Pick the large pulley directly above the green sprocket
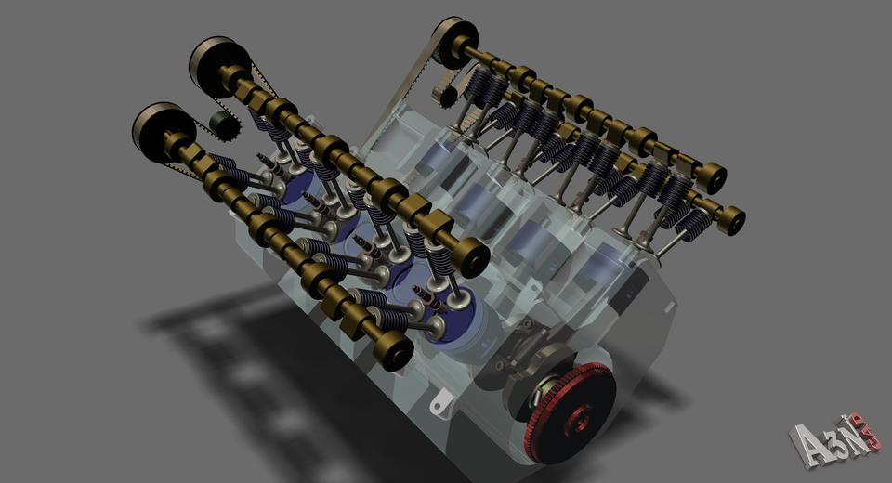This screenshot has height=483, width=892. coord(216,66)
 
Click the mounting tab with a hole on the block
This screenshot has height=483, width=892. coord(439,405)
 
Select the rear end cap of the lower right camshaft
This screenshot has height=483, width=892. coord(731,220)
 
